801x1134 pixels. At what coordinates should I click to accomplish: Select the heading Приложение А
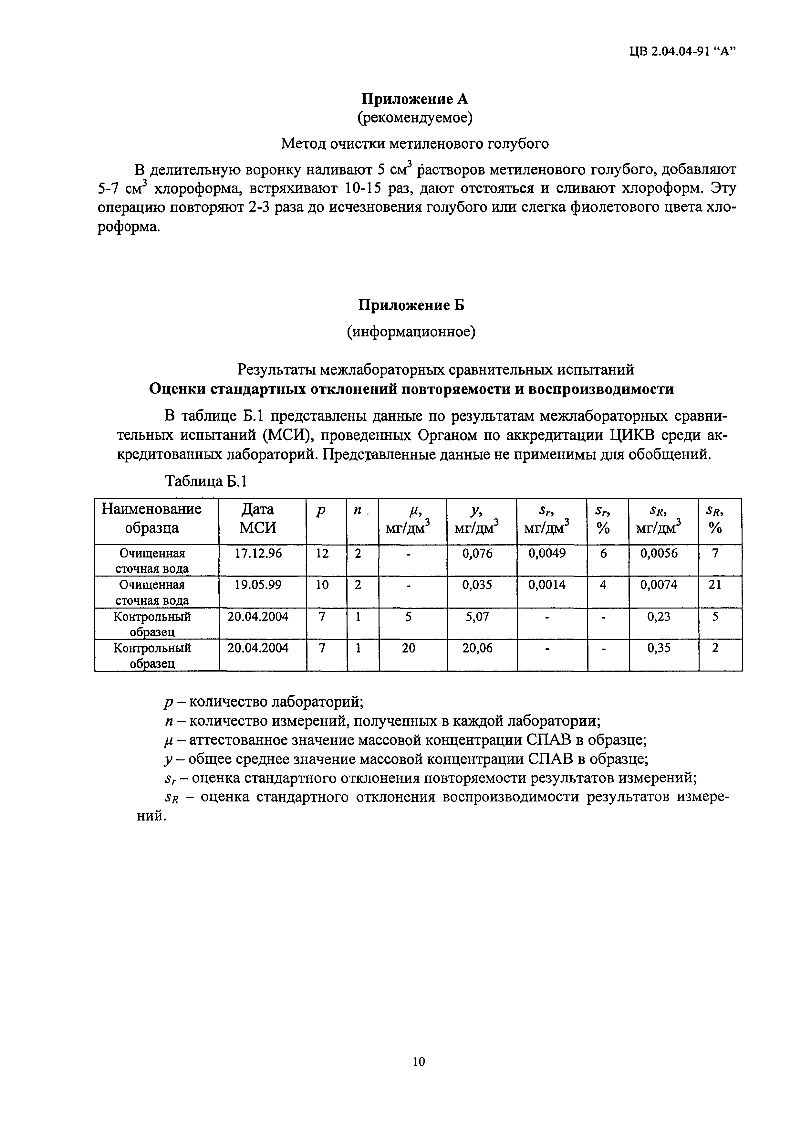coord(415,99)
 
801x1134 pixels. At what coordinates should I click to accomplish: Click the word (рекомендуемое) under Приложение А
coord(415,118)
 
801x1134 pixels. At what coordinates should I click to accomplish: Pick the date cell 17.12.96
coord(258,554)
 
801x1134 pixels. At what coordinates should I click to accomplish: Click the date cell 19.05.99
coord(258,585)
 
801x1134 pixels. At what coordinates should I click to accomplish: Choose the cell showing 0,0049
coord(547,554)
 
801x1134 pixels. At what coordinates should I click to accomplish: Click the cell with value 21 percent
coord(715,585)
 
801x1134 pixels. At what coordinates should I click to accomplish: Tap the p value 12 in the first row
coord(322,554)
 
